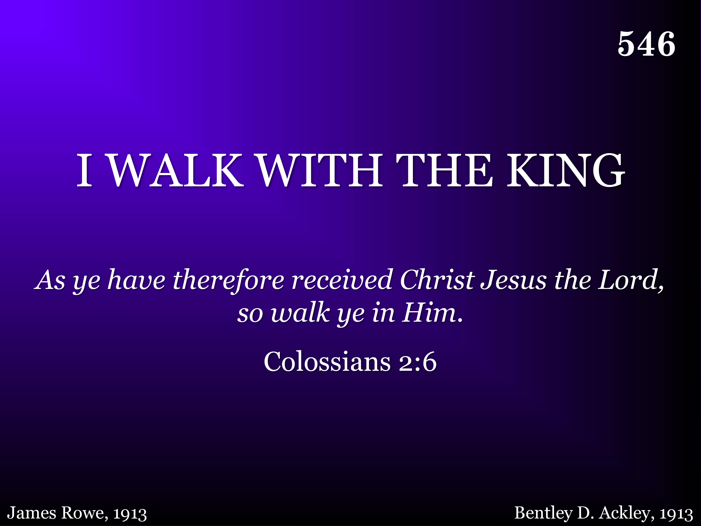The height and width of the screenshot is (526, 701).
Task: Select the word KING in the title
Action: [x=566, y=170]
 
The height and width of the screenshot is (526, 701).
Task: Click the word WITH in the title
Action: [x=320, y=170]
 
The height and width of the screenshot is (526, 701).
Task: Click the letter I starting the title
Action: [x=85, y=170]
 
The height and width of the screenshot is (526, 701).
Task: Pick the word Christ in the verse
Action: [x=437, y=280]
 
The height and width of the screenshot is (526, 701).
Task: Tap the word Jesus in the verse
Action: [x=513, y=280]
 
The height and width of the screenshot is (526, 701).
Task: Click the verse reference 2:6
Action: [x=418, y=362]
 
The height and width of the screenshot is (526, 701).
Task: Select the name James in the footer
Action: [x=32, y=513]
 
